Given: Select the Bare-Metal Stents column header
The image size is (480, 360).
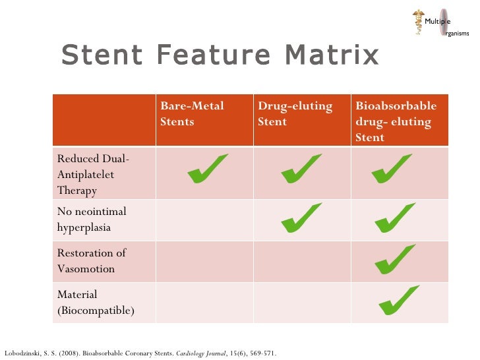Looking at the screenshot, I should click(192, 114).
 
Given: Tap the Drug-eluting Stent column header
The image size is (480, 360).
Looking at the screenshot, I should click(295, 114).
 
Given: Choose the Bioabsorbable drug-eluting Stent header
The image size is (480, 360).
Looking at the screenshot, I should click(396, 122).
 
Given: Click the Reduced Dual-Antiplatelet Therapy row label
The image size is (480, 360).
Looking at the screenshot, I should click(93, 175).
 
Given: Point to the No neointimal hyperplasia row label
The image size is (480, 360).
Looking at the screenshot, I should click(92, 220).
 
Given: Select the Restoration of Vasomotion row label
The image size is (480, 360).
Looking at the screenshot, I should click(92, 261).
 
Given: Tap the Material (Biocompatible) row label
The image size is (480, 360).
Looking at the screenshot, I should click(96, 303).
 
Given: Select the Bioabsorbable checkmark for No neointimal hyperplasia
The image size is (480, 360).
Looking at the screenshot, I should click(394, 219).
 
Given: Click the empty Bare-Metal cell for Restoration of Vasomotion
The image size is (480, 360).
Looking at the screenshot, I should click(204, 261).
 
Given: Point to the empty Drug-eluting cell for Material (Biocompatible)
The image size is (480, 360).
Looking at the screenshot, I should click(301, 303).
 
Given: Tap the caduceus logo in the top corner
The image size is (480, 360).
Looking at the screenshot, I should click(419, 22).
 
